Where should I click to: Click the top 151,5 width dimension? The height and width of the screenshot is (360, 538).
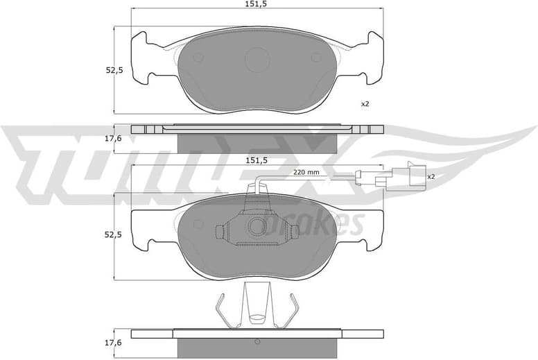click(257, 6)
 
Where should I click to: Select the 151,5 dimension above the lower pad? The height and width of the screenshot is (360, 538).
click(257, 160)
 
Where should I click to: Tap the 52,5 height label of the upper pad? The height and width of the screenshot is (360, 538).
click(114, 70)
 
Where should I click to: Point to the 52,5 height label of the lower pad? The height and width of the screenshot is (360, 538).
click(114, 235)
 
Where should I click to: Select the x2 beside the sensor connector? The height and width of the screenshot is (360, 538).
click(430, 176)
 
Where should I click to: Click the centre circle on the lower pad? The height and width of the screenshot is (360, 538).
click(257, 225)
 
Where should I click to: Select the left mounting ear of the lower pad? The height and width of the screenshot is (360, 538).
click(143, 228)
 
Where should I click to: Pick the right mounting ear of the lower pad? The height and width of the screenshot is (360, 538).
click(372, 228)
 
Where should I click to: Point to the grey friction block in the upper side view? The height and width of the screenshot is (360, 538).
click(257, 143)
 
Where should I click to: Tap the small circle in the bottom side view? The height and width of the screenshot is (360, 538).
click(257, 341)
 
